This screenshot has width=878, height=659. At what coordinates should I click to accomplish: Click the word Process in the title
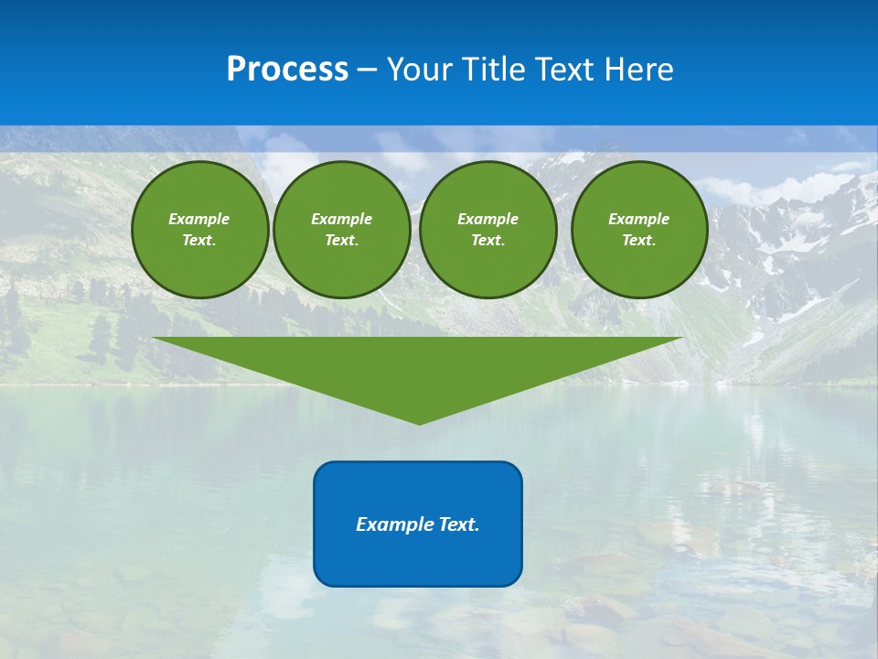(x=287, y=70)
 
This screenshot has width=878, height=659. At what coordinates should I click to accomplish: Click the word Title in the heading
(x=495, y=70)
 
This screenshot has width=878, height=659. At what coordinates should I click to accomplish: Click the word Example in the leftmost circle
(x=198, y=219)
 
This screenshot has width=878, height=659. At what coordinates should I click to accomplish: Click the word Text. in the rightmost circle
(x=638, y=241)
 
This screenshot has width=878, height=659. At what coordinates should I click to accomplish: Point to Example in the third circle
(x=487, y=219)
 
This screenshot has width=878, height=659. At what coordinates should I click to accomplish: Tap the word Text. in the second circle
(x=341, y=241)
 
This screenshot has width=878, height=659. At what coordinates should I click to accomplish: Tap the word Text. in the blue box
(x=460, y=524)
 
